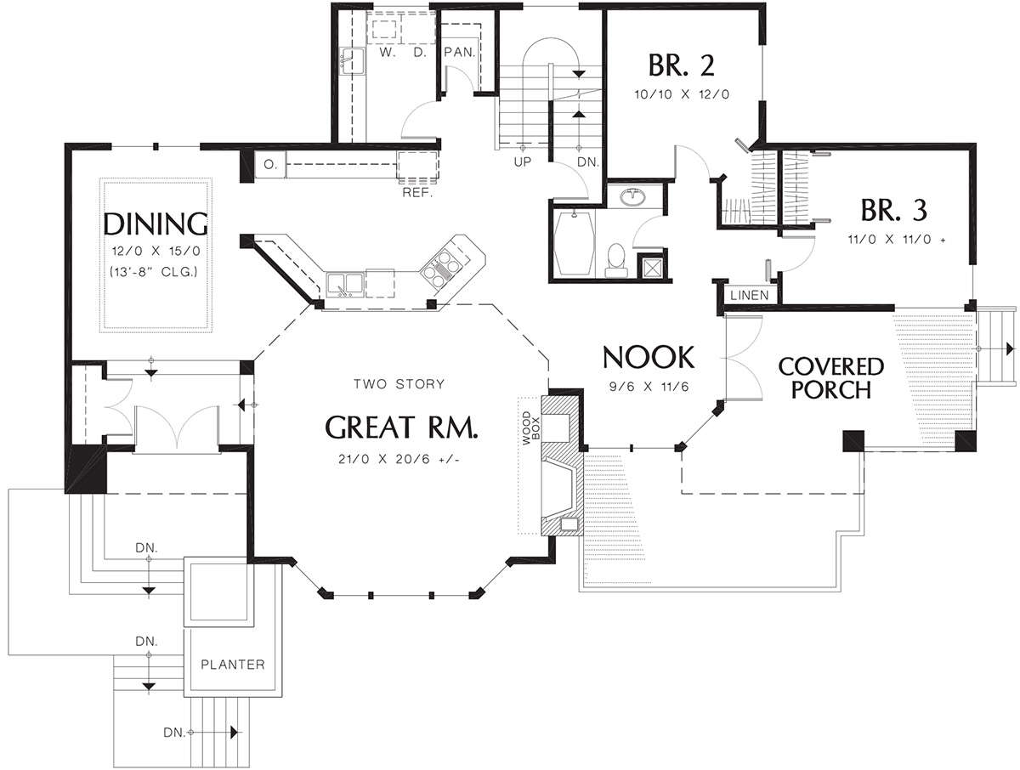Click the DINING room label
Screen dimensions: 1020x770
click(156, 224)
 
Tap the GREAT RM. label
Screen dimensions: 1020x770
click(401, 427)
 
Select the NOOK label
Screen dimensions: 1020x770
click(649, 357)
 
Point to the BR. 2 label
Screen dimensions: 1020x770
click(681, 65)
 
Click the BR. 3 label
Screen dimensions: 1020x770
click(893, 210)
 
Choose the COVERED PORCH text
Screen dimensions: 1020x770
click(830, 378)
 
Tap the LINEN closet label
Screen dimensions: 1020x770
click(749, 296)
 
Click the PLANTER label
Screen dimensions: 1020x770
click(233, 665)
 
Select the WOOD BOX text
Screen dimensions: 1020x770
click(531, 428)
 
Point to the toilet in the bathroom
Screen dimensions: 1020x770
click(616, 261)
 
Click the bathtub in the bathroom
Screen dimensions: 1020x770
click(575, 243)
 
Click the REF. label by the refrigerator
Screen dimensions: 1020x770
click(417, 192)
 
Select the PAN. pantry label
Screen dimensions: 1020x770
click(460, 52)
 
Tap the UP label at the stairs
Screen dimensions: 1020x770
click(522, 162)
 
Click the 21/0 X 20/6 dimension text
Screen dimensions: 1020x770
click(399, 459)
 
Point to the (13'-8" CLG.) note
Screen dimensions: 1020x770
click(154, 272)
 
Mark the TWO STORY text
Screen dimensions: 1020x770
click(399, 384)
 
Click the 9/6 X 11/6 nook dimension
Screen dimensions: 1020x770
click(649, 387)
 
